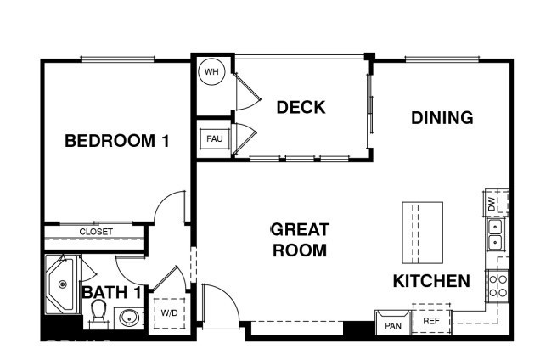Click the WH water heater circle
tap(211, 72)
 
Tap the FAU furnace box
tap(211, 138)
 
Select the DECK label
tap(301, 107)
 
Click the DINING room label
tap(442, 118)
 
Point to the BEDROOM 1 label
tap(116, 141)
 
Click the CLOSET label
tap(95, 232)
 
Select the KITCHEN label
tap(430, 281)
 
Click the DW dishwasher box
tap(496, 204)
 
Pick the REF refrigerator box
tap(431, 321)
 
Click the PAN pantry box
tap(393, 324)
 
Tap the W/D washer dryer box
tap(170, 312)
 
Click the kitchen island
tap(422, 233)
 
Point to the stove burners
tap(496, 285)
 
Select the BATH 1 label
tap(110, 293)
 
